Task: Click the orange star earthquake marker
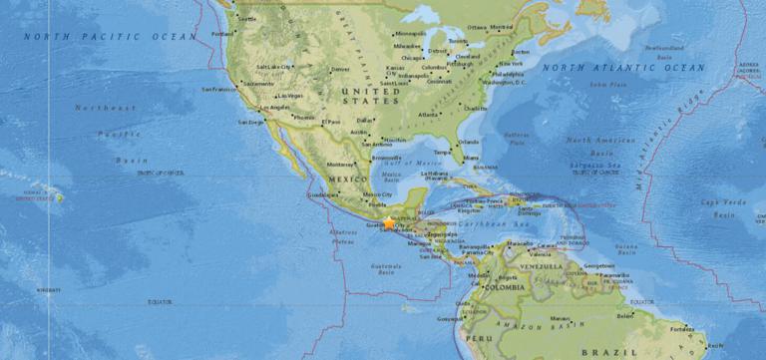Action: coord(389,223)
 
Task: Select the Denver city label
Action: coord(340,69)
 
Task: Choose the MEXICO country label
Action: coord(340,179)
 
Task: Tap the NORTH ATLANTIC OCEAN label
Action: coord(623,68)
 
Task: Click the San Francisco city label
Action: coord(221,89)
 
